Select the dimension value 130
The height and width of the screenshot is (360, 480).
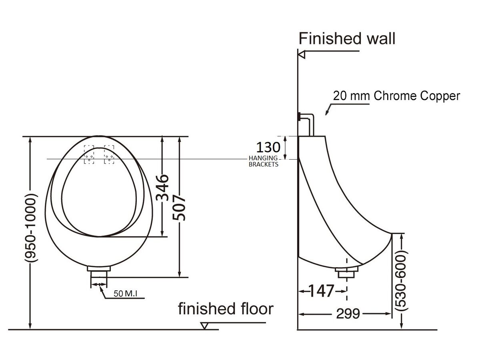pos(268,147)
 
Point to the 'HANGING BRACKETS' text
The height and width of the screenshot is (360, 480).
pos(263,161)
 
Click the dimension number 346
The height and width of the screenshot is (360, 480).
pos(162,188)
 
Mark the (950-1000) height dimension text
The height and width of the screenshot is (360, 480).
pos(30,228)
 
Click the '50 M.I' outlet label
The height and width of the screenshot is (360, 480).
pos(125,294)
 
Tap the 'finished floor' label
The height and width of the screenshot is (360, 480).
pos(226,309)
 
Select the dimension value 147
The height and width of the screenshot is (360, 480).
pos(321,291)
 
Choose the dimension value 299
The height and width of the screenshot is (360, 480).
pos(348,314)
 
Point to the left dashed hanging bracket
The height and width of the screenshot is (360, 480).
pos(89,154)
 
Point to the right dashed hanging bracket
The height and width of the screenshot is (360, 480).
pos(109,154)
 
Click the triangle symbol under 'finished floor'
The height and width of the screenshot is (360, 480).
pos(204,326)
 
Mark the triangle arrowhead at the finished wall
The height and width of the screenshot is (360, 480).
pos(302,54)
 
